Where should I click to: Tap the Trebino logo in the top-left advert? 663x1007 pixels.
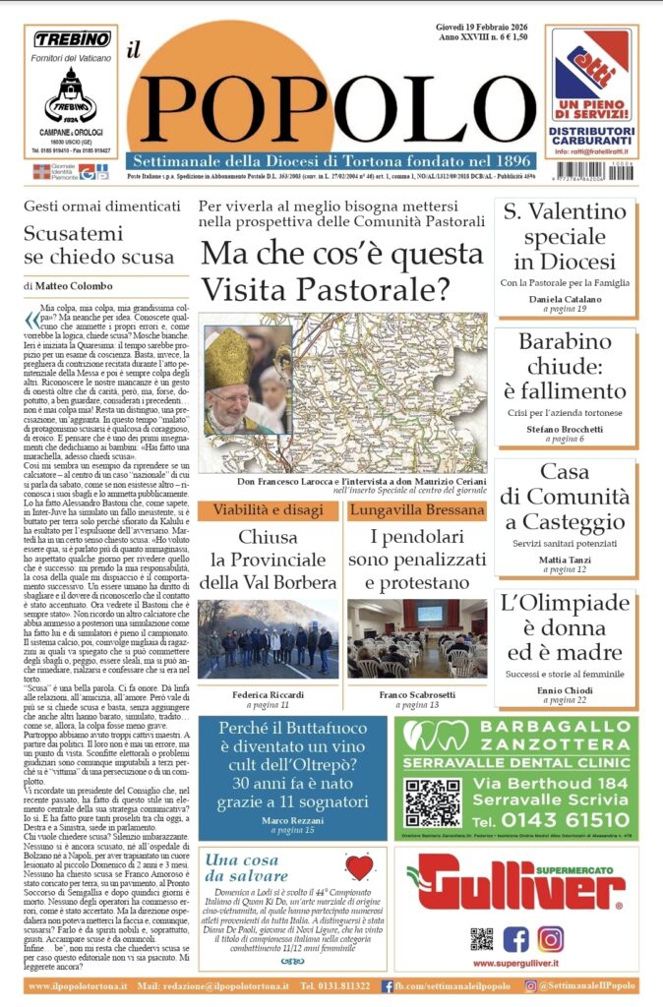click(x=71, y=39)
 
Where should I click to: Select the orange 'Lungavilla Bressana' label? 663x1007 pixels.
click(x=417, y=510)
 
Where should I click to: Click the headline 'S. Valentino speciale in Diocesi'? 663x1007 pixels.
click(x=565, y=236)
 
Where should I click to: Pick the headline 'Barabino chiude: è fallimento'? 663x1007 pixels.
click(x=565, y=367)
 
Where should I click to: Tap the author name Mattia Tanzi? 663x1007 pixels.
click(x=565, y=559)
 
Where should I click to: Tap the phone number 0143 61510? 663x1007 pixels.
click(x=556, y=819)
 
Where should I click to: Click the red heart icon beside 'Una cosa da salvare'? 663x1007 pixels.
click(x=358, y=866)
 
